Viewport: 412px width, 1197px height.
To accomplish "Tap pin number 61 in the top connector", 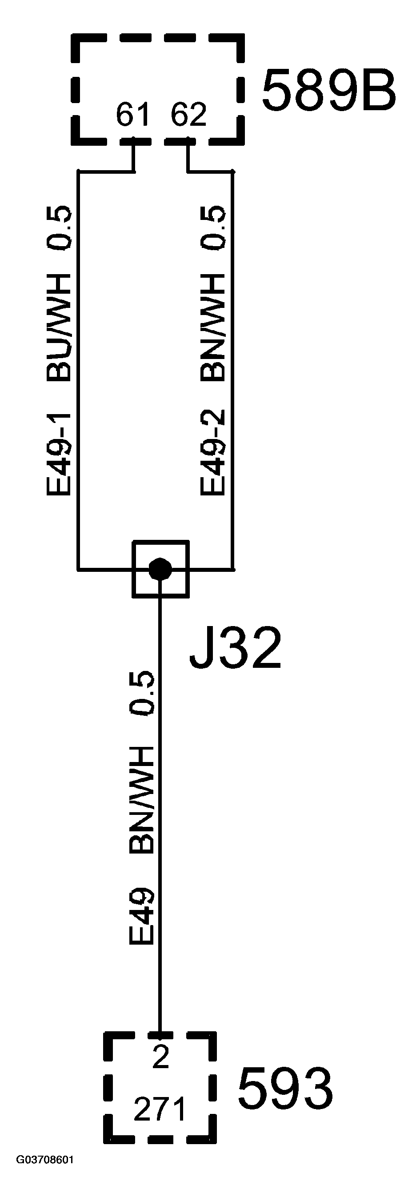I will tap(133, 115).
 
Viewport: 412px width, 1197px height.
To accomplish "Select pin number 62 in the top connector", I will tap(188, 115).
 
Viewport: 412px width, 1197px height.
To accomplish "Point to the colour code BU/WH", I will tap(59, 327).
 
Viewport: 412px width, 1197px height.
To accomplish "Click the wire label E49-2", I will tap(213, 453).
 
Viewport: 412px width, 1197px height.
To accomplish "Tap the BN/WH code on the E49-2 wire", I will tap(213, 327).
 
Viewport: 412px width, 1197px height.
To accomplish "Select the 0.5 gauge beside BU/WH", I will tap(59, 227).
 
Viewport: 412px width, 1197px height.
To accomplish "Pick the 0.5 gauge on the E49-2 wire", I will tap(213, 227).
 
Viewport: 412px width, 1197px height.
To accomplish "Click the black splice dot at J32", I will tap(160, 568).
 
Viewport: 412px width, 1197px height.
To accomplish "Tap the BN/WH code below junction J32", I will tap(141, 800).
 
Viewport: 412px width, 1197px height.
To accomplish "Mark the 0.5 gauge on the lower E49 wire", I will tap(141, 692).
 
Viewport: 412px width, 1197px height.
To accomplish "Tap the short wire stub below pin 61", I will tap(134, 156).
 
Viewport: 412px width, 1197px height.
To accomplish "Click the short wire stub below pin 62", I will tap(188, 156).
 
